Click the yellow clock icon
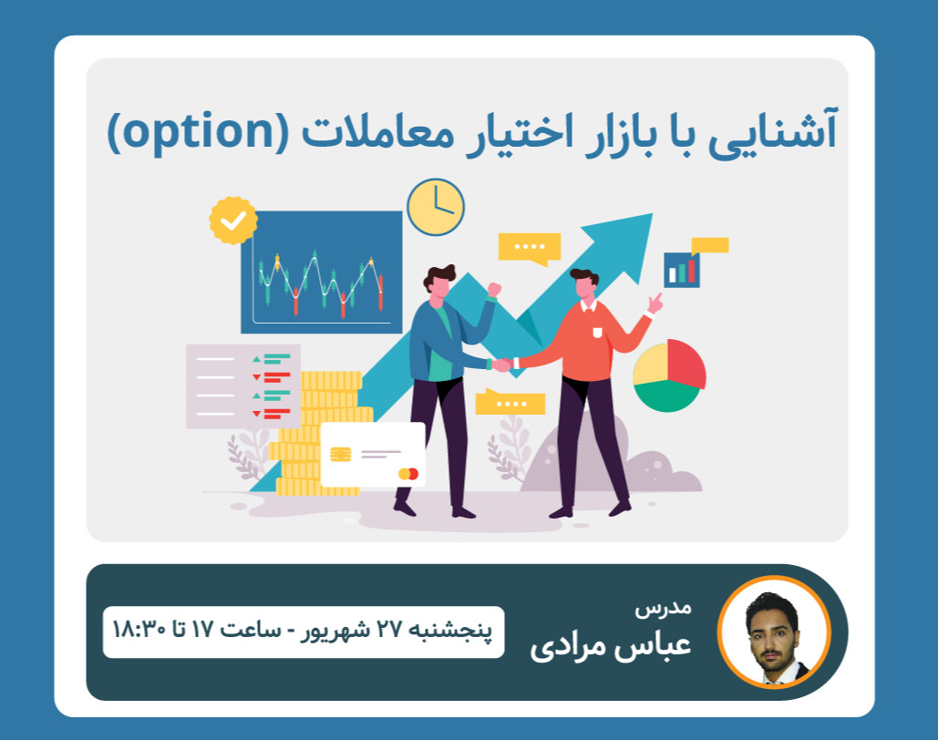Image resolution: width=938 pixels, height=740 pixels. (436, 207)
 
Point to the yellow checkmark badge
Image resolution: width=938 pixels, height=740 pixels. (233, 220)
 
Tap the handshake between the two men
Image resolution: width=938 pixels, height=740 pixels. (501, 365)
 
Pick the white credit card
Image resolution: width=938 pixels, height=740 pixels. (373, 454)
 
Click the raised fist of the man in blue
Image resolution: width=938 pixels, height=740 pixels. (494, 289)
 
